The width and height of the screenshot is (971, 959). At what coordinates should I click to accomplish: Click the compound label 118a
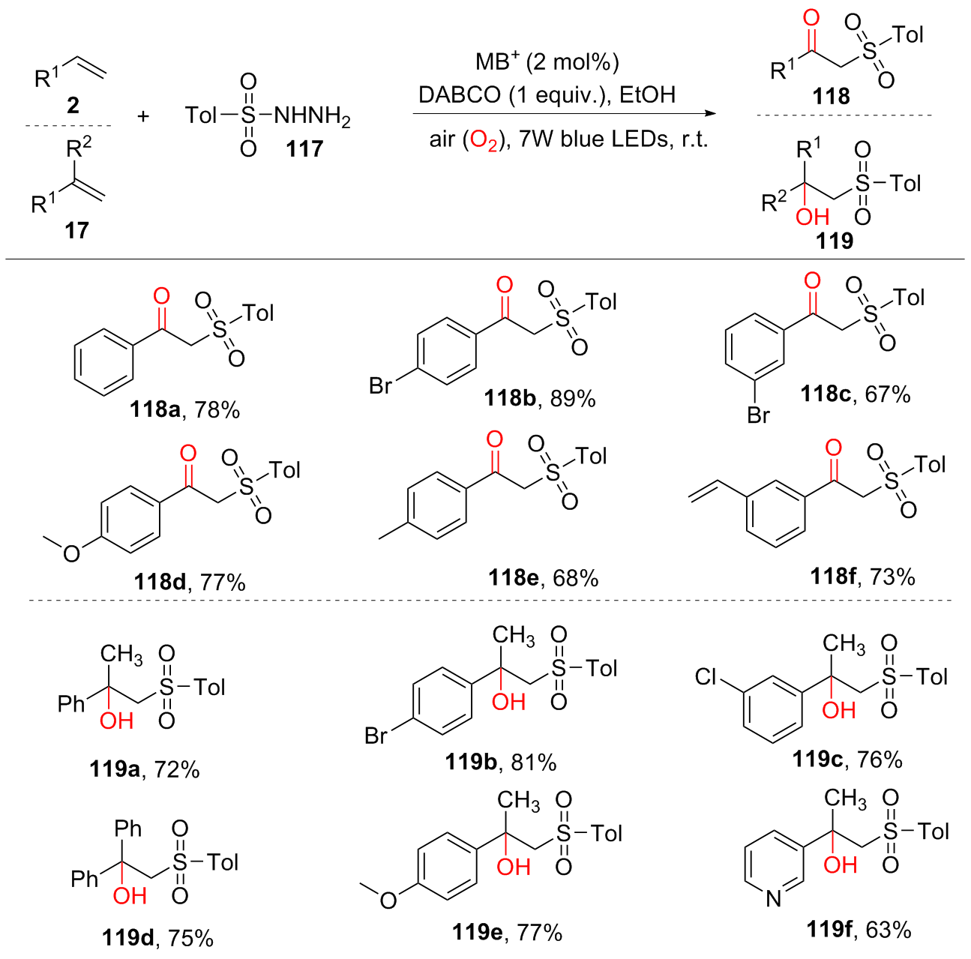point(154,409)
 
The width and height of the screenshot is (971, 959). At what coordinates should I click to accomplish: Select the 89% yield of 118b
point(573,398)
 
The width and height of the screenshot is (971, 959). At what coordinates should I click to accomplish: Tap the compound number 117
point(304,148)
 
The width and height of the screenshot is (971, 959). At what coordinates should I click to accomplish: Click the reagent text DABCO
point(459,95)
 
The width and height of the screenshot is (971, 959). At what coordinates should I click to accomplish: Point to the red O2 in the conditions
point(484,140)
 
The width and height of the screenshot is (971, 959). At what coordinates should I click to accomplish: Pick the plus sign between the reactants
point(143,116)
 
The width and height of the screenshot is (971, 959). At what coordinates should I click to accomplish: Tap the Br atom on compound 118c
point(758,415)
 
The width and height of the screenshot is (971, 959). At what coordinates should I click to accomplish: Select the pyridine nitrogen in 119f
point(774,898)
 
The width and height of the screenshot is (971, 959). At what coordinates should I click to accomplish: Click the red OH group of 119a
point(116,721)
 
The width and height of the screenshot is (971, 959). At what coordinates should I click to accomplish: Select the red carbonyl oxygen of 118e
point(495,440)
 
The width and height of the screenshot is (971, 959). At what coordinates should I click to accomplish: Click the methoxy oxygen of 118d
point(71,554)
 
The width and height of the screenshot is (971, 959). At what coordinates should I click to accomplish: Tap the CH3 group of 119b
point(514,636)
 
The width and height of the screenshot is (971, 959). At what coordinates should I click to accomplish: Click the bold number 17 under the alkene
point(76,230)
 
